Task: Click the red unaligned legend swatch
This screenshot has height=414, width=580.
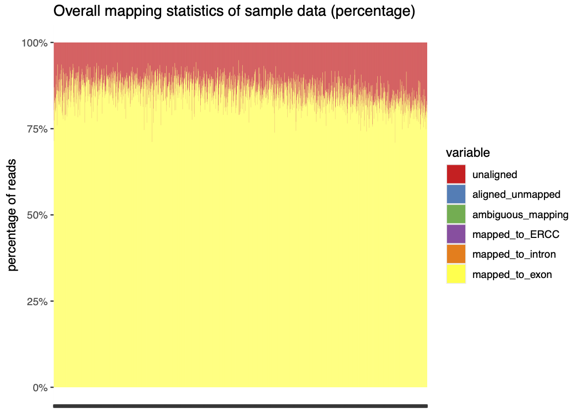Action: [x=456, y=175]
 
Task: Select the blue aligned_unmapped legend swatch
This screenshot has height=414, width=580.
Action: [x=456, y=194]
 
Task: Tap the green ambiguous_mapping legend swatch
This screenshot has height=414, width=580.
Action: [x=456, y=215]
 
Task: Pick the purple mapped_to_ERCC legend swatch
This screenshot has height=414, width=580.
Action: [x=456, y=234]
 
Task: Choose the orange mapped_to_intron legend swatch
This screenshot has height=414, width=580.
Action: [x=456, y=254]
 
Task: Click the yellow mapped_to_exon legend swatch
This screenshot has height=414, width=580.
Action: [x=456, y=274]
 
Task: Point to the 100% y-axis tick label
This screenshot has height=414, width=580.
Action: [x=34, y=43]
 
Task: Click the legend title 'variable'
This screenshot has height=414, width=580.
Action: [x=467, y=153]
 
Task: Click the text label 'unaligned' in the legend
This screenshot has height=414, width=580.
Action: [x=494, y=175]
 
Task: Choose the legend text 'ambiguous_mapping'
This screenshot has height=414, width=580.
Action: [x=521, y=215]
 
